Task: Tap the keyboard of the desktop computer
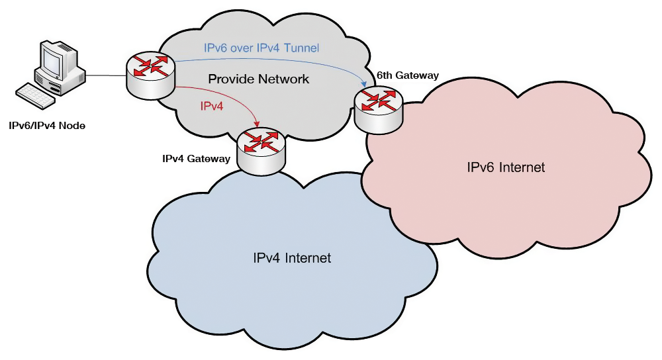(x=34, y=96)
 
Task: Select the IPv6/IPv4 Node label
(x=47, y=125)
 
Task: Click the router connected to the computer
(x=150, y=75)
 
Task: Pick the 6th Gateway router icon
(x=378, y=110)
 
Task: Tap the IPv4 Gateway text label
(x=196, y=159)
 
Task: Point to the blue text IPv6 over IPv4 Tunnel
(x=261, y=48)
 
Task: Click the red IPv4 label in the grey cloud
(x=213, y=105)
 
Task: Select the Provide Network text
(x=259, y=79)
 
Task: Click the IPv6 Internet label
(x=506, y=167)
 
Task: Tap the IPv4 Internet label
(x=292, y=257)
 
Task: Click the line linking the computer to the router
(x=106, y=75)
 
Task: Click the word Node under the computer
(x=73, y=125)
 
